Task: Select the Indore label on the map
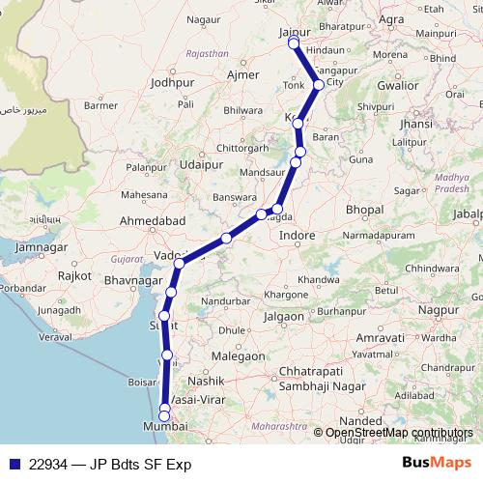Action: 297,235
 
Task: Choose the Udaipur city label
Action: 201,165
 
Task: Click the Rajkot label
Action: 74,275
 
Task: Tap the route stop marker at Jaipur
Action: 293,43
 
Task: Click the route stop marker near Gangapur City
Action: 319,85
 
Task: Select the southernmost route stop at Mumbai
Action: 165,416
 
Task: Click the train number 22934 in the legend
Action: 49,465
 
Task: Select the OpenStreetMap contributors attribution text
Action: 400,433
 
